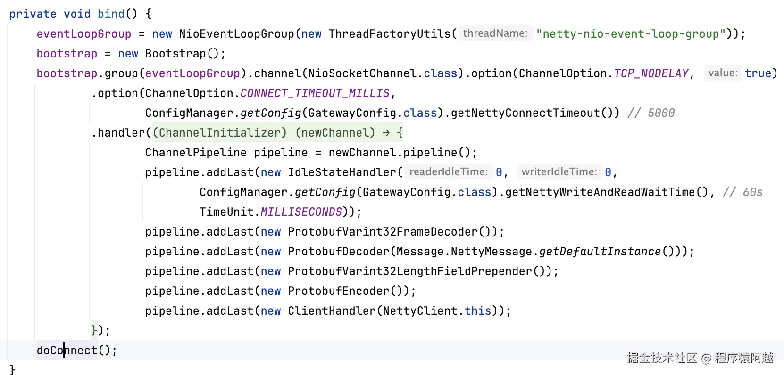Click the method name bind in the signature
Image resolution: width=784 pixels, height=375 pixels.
pos(111,14)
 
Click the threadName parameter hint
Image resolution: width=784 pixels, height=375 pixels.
pos(495,33)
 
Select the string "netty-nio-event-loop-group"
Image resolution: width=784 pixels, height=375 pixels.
pos(631,34)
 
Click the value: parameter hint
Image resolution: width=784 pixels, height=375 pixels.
pos(722,73)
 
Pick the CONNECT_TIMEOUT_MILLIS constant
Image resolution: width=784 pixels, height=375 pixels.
pos(315,93)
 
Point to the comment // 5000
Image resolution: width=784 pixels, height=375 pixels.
pos(651,113)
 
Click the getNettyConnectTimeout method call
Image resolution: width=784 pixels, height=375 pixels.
pos(525,113)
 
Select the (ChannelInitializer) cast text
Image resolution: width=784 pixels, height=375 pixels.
pos(220,133)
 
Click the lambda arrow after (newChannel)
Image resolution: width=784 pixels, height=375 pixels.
pos(386,133)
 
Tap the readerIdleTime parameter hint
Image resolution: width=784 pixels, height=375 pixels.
pos(448,172)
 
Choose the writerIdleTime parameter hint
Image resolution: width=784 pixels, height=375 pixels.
pos(559,172)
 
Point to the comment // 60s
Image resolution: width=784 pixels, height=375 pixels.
pos(742,192)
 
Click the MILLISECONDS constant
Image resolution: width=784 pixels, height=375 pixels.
pos(301,212)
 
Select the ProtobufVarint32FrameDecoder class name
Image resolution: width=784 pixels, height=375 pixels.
pos(383,232)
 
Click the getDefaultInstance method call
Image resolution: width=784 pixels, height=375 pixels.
pos(600,252)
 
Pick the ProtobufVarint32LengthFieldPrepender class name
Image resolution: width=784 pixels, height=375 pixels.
pos(409,271)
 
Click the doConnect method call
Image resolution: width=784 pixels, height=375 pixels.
pos(67,351)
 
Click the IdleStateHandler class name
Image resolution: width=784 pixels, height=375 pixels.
pos(342,172)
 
